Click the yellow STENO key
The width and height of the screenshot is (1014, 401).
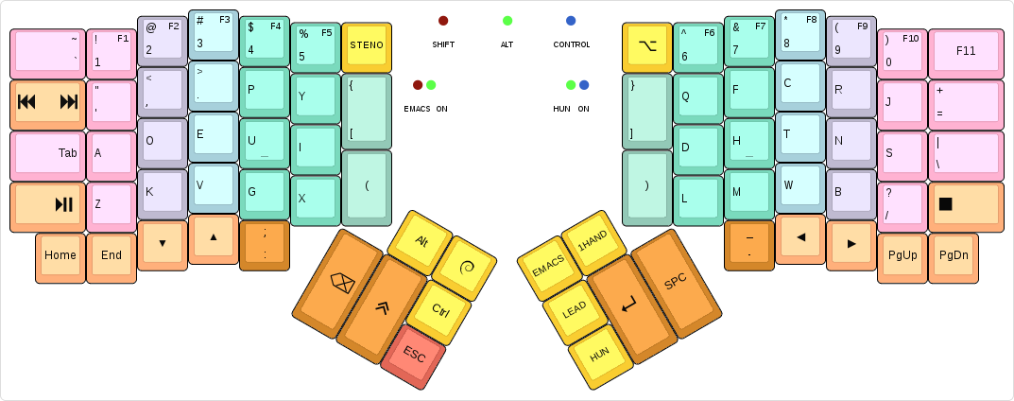(x=366, y=45)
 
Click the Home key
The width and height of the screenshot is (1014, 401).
(x=60, y=254)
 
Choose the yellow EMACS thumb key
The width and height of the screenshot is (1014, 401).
(x=548, y=268)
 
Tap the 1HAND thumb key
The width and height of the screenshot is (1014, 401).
(x=593, y=242)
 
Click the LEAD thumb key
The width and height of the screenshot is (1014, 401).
(x=575, y=310)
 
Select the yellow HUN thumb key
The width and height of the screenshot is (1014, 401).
(x=600, y=355)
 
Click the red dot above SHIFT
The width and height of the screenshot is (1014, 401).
(x=443, y=21)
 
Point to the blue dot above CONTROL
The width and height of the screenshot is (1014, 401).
(x=571, y=21)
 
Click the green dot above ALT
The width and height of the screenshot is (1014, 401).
(x=507, y=21)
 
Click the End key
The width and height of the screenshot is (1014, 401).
(x=112, y=254)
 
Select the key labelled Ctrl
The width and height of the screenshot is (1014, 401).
(x=439, y=309)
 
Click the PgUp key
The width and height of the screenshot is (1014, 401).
(x=902, y=254)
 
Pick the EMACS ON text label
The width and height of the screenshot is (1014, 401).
(x=425, y=109)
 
